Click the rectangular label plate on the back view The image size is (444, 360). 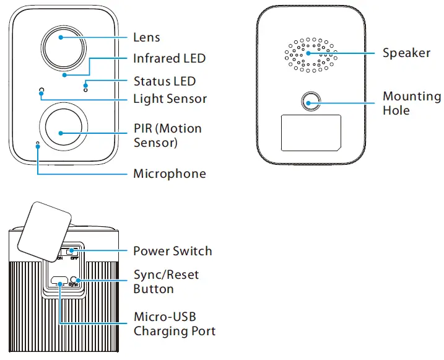(310, 132)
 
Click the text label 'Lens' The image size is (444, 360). (147, 37)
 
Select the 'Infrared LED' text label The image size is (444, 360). (169, 59)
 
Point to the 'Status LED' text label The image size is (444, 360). (164, 81)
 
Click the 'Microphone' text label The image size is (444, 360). (169, 173)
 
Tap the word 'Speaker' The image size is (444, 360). (406, 53)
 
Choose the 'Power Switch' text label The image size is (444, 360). (172, 251)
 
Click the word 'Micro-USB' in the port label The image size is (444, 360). (165, 317)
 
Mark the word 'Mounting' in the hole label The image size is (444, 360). (412, 97)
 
